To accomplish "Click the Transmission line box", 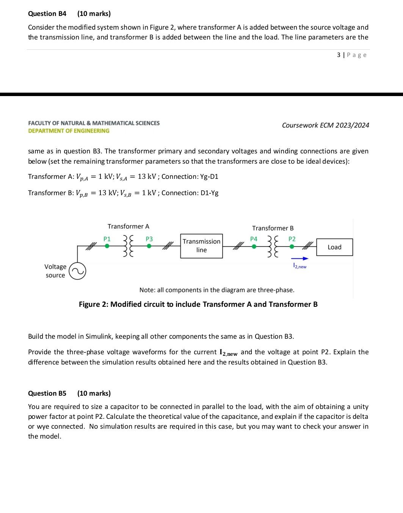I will [x=201, y=246].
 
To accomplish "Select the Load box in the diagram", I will [x=334, y=247].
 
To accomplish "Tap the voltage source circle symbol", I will [x=77, y=271].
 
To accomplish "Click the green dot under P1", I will [x=107, y=246].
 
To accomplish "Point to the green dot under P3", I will [x=149, y=246].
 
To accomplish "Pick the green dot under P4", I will [x=254, y=246].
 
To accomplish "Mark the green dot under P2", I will [x=292, y=246].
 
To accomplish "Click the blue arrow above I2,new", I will [x=300, y=259].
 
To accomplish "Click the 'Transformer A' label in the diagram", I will [x=128, y=226].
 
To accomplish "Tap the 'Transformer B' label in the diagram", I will [x=273, y=228].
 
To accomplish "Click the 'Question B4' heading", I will [x=47, y=14].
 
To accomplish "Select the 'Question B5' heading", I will [x=47, y=393].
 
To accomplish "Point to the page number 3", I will [x=339, y=55].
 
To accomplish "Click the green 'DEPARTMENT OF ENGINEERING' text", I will [x=69, y=131].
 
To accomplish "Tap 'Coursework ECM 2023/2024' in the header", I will [x=325, y=125].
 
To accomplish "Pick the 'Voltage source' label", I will [x=55, y=271].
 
